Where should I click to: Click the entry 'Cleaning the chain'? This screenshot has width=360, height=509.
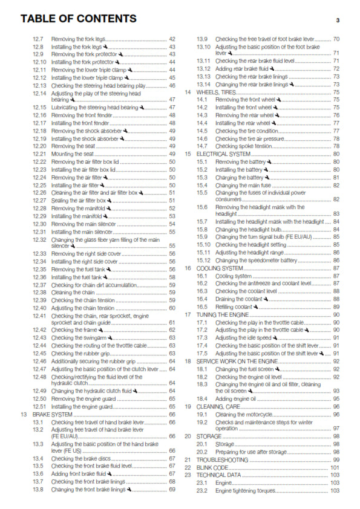[x=73, y=292]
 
